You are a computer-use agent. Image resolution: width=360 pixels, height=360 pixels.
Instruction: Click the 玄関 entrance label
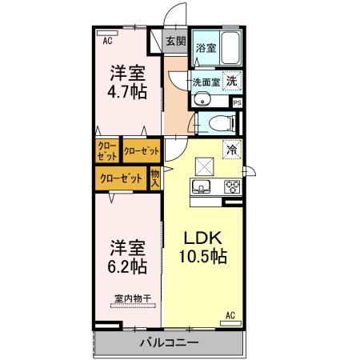[175, 42]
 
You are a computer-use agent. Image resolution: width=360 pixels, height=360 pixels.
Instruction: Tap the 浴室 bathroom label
[206, 48]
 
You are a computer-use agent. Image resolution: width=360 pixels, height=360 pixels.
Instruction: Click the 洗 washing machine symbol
[230, 81]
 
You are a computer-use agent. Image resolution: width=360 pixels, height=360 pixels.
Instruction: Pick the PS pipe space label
[237, 102]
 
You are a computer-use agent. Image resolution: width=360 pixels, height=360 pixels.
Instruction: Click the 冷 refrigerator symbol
[231, 149]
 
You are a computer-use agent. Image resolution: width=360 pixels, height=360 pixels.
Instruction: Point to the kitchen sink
[201, 187]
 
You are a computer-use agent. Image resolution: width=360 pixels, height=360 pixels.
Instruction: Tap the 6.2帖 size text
[127, 265]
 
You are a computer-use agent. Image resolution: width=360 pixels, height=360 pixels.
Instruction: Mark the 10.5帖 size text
[203, 258]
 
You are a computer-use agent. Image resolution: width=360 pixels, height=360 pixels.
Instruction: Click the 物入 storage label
[155, 178]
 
